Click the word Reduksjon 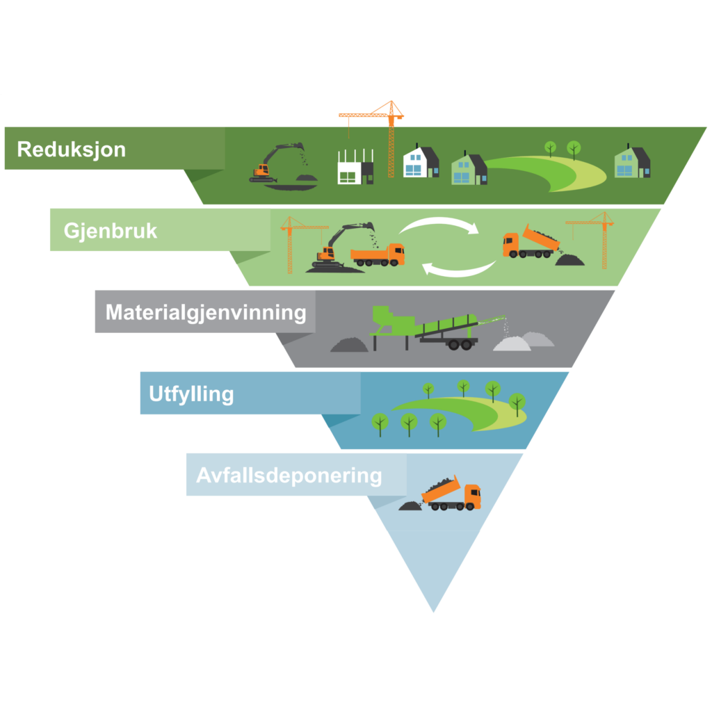(x=72, y=150)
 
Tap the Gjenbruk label (x=111, y=231)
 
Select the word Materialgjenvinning (x=206, y=313)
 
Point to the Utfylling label (x=191, y=394)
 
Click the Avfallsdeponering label (x=289, y=476)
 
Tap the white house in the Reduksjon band (x=421, y=161)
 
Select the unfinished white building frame (x=355, y=167)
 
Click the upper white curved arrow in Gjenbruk (x=439, y=223)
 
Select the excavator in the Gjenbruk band (x=341, y=248)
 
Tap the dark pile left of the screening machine (x=349, y=345)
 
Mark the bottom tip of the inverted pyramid (x=434, y=613)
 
